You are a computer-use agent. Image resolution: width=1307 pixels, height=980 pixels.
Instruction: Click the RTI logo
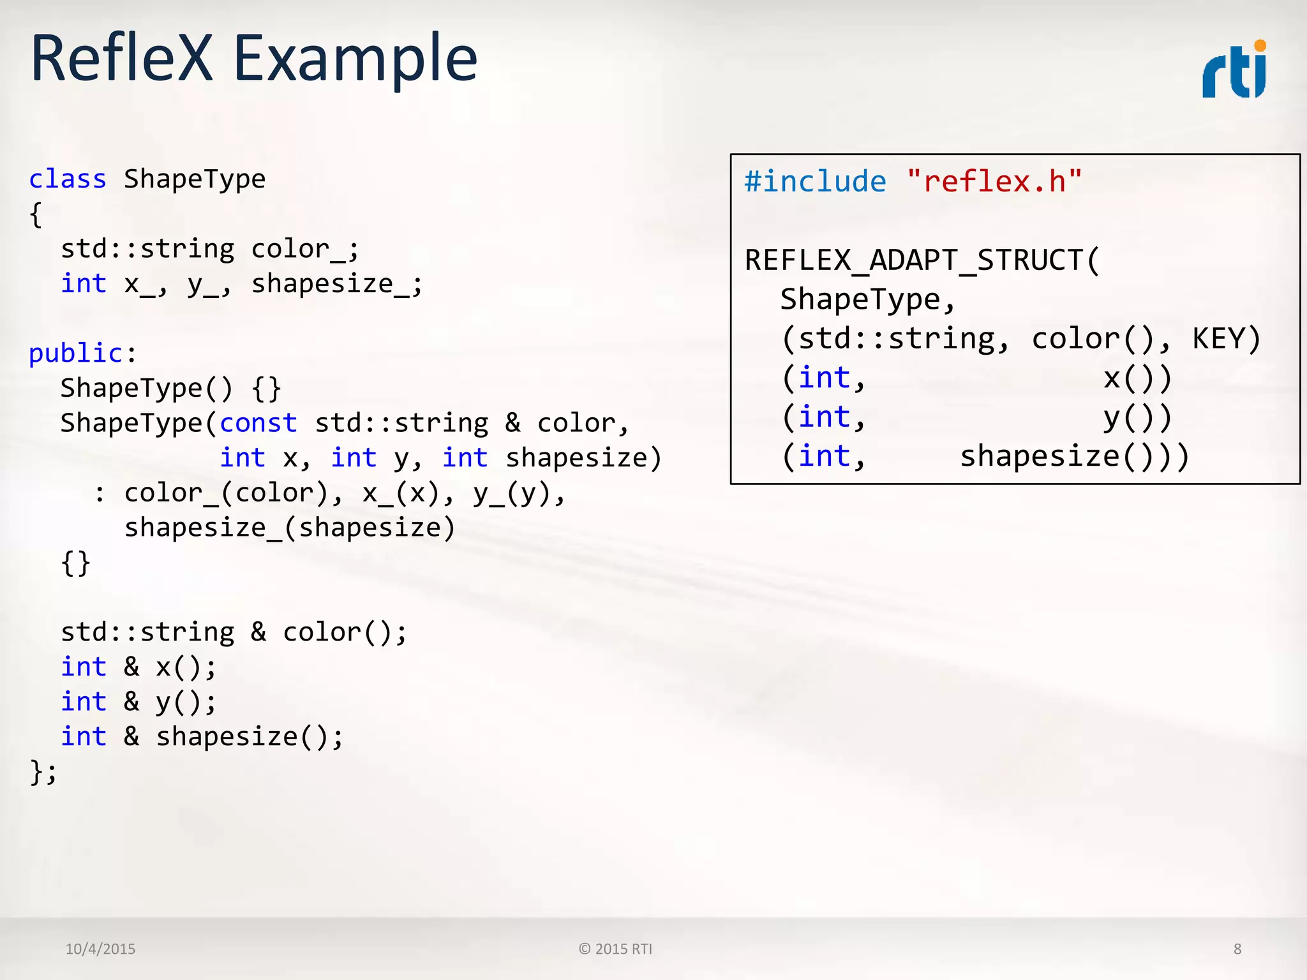point(1234,70)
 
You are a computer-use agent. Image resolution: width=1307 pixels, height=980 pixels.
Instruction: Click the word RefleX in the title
point(121,59)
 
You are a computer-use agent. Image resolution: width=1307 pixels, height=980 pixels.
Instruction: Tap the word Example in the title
point(355,60)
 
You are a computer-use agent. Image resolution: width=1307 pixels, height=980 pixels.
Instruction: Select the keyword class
point(68,179)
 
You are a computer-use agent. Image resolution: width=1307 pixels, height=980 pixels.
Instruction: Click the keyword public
point(75,353)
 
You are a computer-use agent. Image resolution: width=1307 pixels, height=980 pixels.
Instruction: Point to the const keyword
point(258,423)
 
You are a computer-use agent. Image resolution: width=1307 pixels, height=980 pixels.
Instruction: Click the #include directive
point(815,182)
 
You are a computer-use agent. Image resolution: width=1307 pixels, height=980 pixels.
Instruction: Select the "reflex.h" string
point(994,182)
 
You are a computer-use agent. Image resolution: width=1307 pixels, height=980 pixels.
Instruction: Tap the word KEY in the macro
point(1218,339)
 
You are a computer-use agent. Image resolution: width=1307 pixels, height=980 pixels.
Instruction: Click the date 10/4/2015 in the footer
point(100,949)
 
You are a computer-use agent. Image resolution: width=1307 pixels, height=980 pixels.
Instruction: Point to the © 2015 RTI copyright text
point(615,949)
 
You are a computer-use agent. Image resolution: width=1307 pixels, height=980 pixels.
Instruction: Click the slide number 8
point(1237,949)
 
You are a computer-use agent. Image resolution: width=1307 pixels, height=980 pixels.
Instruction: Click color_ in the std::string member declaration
point(299,249)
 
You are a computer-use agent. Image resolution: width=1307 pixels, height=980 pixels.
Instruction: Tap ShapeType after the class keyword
point(195,179)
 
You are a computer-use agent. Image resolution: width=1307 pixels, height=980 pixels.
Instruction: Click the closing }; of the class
point(43,772)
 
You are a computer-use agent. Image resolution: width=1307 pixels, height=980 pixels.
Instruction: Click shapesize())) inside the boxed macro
point(1074,457)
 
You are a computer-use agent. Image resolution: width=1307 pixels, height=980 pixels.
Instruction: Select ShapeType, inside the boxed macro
point(867,300)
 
